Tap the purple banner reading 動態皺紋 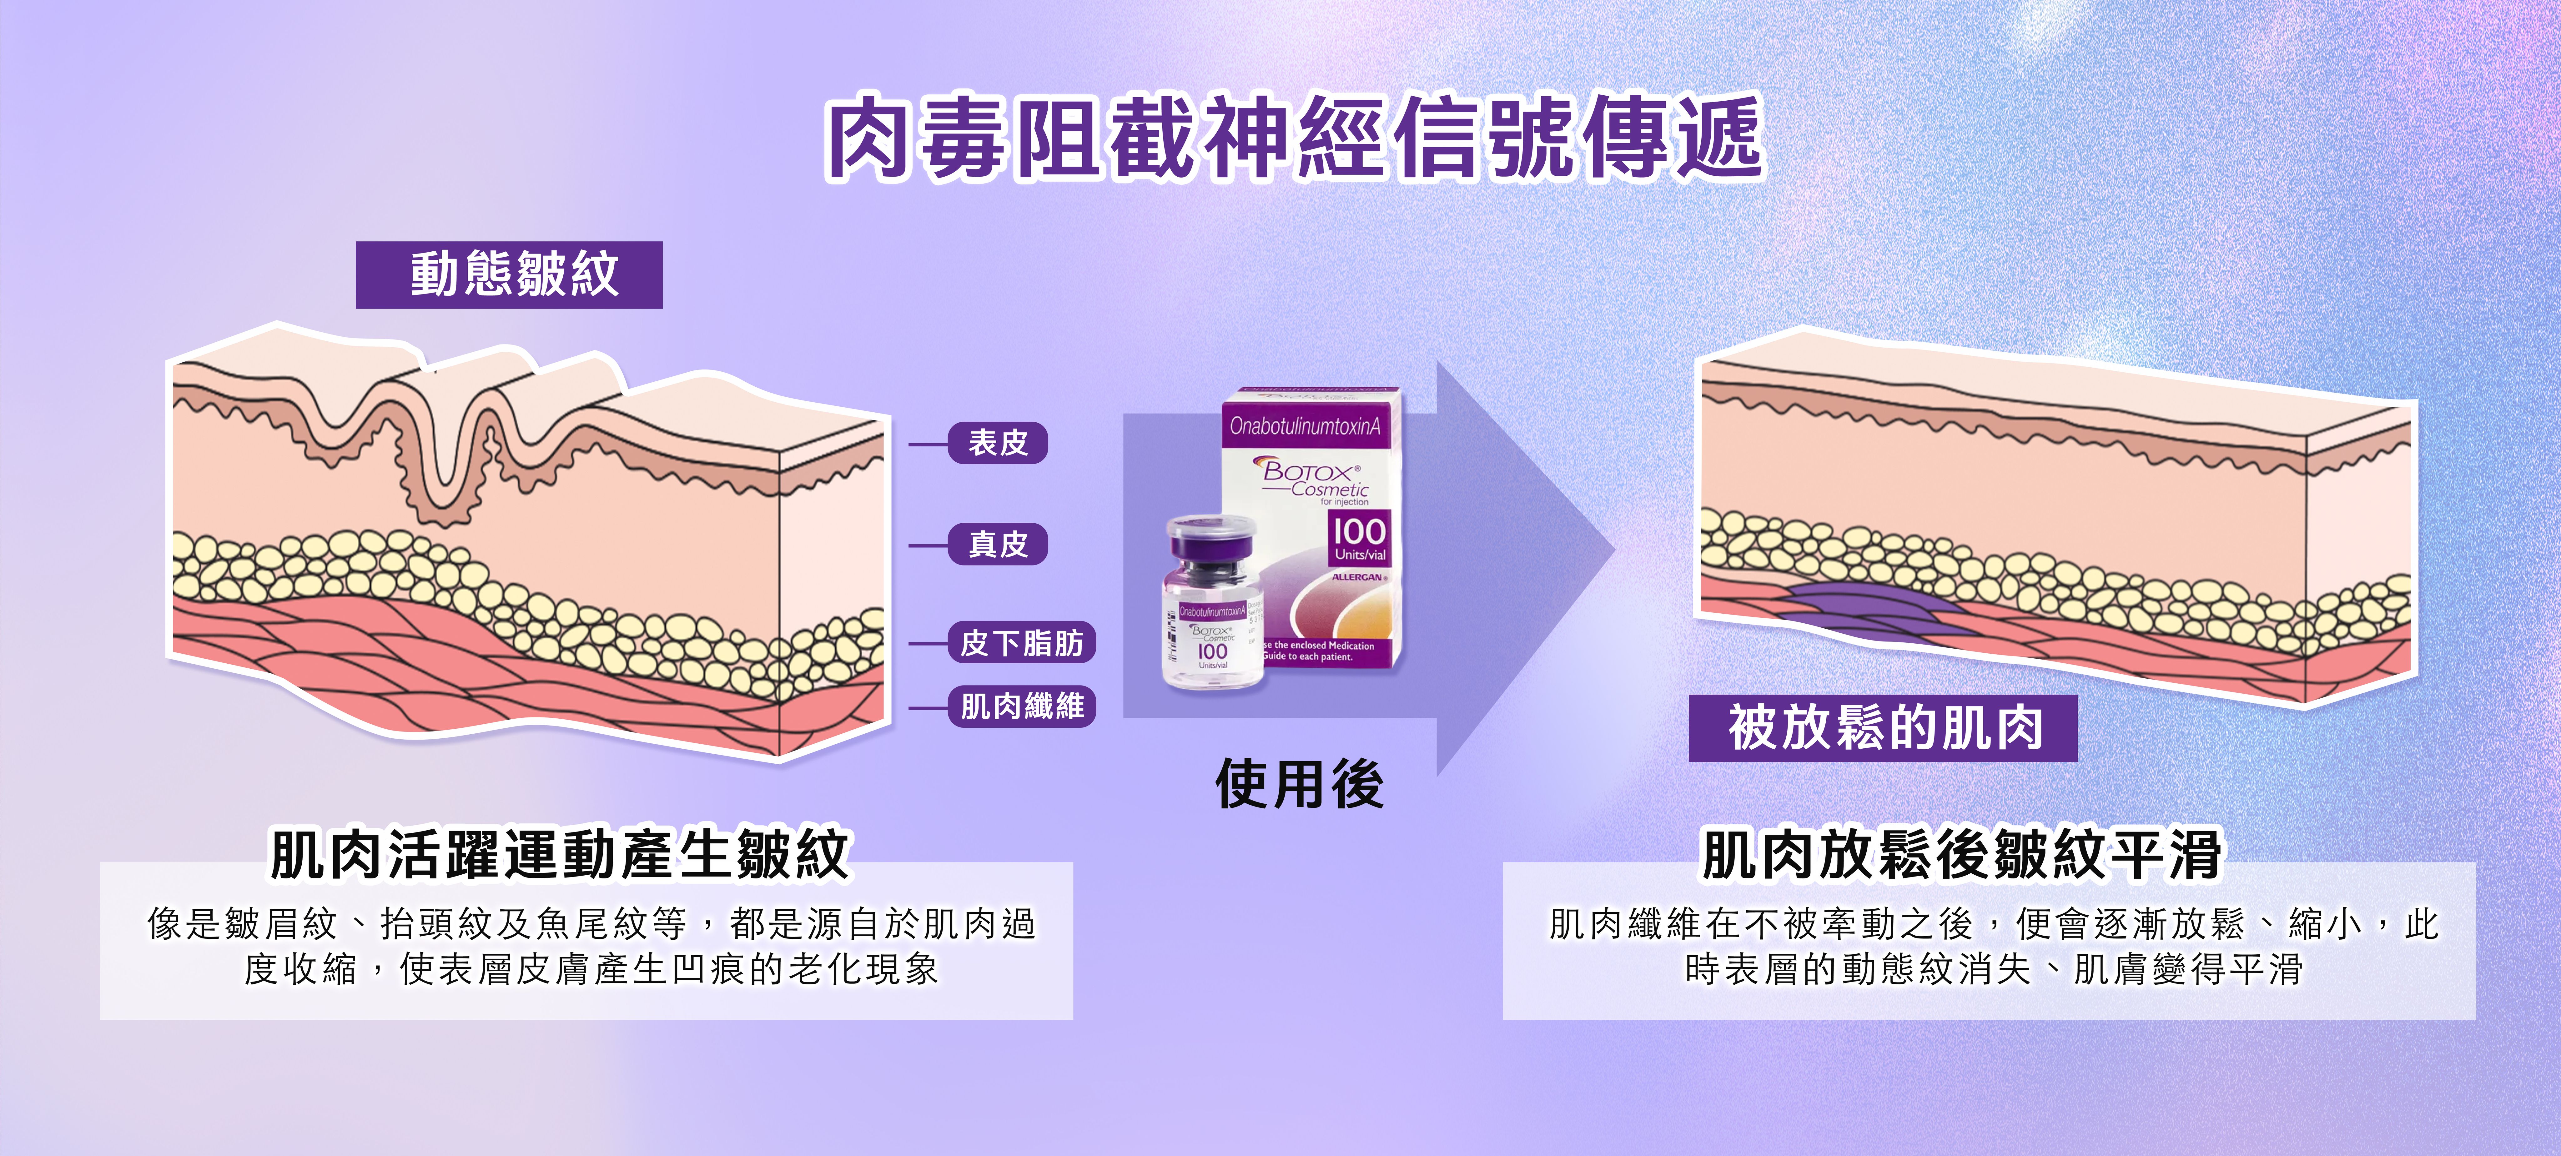[x=509, y=274]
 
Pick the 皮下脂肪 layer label [x=1021, y=643]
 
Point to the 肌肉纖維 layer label [x=1021, y=707]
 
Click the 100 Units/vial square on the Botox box [x=1359, y=539]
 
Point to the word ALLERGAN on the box [x=1356, y=576]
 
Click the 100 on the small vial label [x=1212, y=651]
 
